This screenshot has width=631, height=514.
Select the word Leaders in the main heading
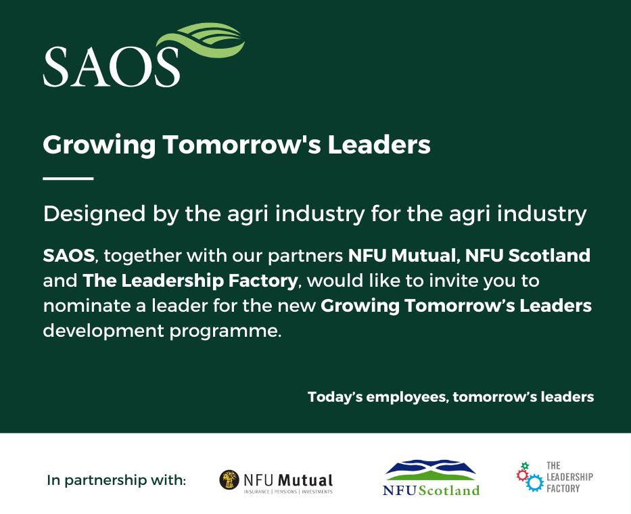coord(379,145)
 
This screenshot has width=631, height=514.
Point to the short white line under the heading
coord(68,178)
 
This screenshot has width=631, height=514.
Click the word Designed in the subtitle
coord(94,214)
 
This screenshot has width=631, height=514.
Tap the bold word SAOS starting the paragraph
coord(69,256)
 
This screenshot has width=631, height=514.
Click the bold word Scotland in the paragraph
coord(549,256)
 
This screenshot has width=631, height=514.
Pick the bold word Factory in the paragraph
coord(263,281)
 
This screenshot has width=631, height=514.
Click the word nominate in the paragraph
coord(89,306)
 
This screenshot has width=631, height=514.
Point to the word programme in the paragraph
coord(224,331)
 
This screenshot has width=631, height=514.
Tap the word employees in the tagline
coord(407,397)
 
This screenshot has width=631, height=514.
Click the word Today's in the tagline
coord(335,397)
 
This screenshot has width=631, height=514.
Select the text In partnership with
coord(117,480)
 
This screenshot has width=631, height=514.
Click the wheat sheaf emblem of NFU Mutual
coord(229,480)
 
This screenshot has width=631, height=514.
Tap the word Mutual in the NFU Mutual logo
coord(306,480)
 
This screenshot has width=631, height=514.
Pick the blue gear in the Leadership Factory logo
coord(535,483)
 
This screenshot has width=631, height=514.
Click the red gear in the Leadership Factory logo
coord(522,475)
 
